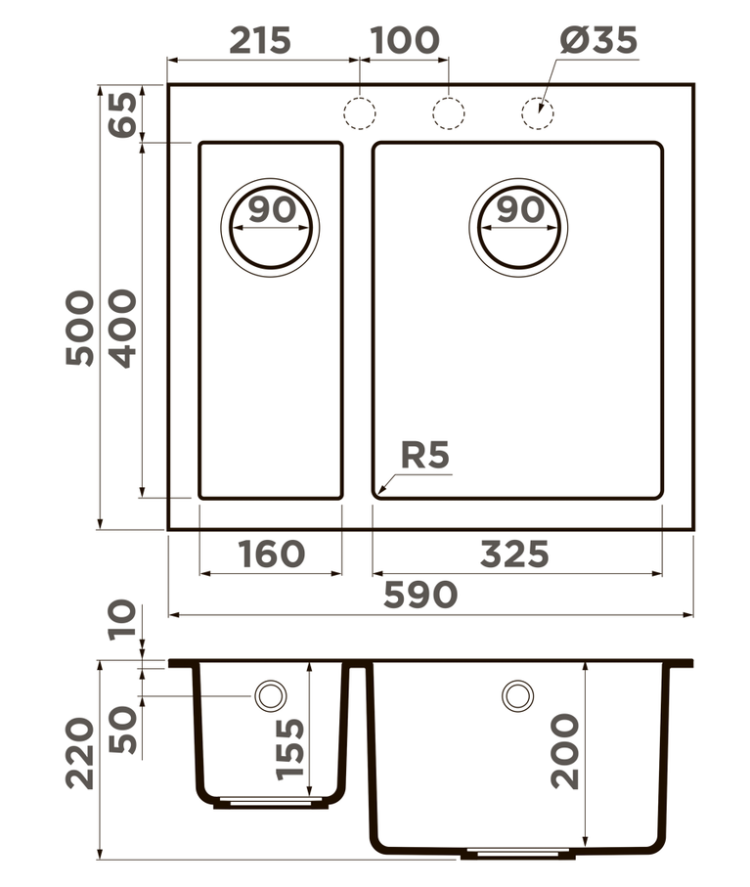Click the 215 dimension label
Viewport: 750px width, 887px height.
coord(260,40)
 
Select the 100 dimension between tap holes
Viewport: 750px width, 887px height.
coord(405,40)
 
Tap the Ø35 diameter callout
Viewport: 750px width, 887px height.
coord(598,40)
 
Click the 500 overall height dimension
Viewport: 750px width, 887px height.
coord(81,328)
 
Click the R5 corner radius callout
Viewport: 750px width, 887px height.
coord(425,456)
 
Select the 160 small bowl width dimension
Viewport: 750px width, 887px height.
coord(271,554)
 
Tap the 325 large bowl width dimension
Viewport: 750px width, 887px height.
coord(514,554)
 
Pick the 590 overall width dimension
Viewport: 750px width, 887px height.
coord(420,595)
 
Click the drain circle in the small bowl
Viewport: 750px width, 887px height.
coord(270,228)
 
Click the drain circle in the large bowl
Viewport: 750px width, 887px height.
coord(518,228)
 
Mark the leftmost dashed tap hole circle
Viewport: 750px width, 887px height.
coord(360,113)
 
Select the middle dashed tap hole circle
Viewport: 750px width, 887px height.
coord(449,113)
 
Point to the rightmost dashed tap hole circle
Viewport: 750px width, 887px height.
coord(537,113)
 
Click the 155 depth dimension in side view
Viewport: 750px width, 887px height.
coord(290,748)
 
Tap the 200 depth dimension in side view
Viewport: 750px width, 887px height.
coord(565,751)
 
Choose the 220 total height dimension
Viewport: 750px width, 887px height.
coord(81,753)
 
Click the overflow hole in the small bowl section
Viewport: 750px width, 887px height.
coord(269,695)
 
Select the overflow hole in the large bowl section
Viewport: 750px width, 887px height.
coord(517,695)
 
